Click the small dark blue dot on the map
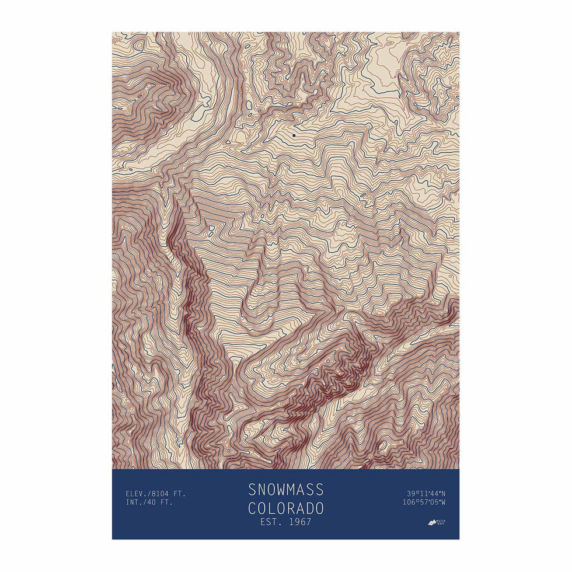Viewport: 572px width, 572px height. click(x=294, y=135)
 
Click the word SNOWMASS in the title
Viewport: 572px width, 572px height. click(x=285, y=489)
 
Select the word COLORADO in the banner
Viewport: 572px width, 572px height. click(x=285, y=507)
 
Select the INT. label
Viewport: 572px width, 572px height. click(x=135, y=503)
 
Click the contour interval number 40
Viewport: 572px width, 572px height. click(x=154, y=503)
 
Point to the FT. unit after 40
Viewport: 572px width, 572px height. click(x=167, y=503)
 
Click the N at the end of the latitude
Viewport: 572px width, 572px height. click(x=443, y=494)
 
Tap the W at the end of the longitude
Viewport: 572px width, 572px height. click(x=443, y=503)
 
